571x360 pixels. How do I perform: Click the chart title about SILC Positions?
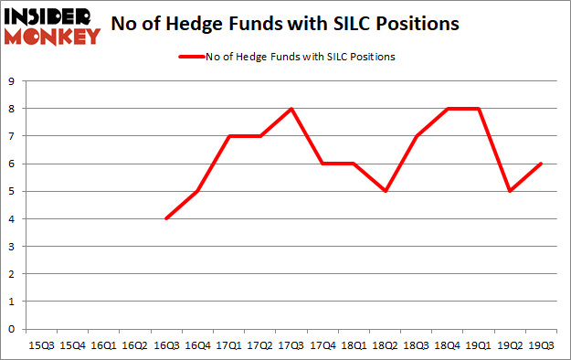click(284, 24)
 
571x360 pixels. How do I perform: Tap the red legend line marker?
click(196, 57)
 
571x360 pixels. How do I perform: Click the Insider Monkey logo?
click(52, 26)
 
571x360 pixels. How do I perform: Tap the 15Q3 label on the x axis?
click(42, 346)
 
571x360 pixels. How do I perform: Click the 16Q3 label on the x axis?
click(166, 346)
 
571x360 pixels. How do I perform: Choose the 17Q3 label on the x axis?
click(291, 346)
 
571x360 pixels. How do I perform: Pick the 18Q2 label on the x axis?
click(385, 346)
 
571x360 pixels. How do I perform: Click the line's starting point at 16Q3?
click(166, 218)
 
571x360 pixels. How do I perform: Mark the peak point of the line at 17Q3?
click(291, 109)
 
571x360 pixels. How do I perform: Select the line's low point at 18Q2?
click(385, 191)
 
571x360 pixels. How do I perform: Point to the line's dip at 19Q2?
click(509, 191)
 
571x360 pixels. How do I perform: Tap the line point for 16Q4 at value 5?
click(197, 191)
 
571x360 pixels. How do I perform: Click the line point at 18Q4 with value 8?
click(447, 109)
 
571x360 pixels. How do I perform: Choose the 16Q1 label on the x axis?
click(104, 346)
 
